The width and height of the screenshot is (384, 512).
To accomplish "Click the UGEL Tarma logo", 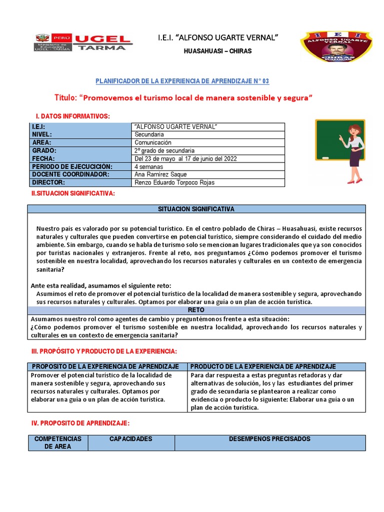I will click(83, 42).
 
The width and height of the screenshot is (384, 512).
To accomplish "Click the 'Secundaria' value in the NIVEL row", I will click(149, 134).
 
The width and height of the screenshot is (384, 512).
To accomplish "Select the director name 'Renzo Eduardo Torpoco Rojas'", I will click(174, 182).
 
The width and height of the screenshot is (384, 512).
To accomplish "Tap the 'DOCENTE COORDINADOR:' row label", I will click(70, 174).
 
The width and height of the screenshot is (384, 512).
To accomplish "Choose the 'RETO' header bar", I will click(196, 310).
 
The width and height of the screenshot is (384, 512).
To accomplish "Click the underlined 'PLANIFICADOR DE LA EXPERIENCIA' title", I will click(182, 81).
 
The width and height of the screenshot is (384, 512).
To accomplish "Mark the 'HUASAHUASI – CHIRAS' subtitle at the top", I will click(218, 51).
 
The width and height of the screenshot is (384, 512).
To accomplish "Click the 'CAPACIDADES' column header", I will click(131, 439).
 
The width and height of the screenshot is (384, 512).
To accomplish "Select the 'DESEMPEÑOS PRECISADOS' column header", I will click(269, 439).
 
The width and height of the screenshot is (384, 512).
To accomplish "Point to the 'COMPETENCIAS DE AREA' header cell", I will click(58, 442).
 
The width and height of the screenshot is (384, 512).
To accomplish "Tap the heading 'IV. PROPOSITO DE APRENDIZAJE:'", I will click(80, 423).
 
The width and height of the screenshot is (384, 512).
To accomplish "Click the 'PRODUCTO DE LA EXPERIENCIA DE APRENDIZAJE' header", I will click(263, 366).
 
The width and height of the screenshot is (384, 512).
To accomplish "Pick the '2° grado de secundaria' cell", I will click(164, 150).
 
